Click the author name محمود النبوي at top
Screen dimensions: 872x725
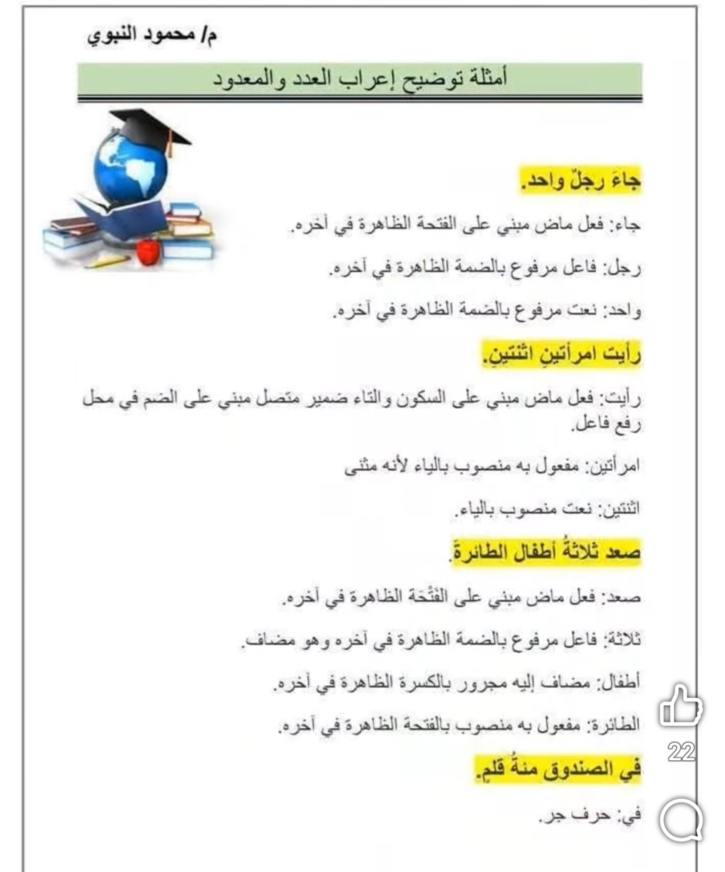(x=152, y=35)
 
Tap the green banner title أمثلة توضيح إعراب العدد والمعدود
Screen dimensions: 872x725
(x=360, y=79)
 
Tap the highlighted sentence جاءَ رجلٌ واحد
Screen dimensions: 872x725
(x=581, y=182)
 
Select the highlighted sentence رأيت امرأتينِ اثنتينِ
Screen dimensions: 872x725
(x=562, y=356)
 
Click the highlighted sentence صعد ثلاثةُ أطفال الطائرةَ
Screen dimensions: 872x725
(x=545, y=551)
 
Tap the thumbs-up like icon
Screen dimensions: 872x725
(x=680, y=706)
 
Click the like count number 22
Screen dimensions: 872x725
(x=681, y=752)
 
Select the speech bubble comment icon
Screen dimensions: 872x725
(x=681, y=820)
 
